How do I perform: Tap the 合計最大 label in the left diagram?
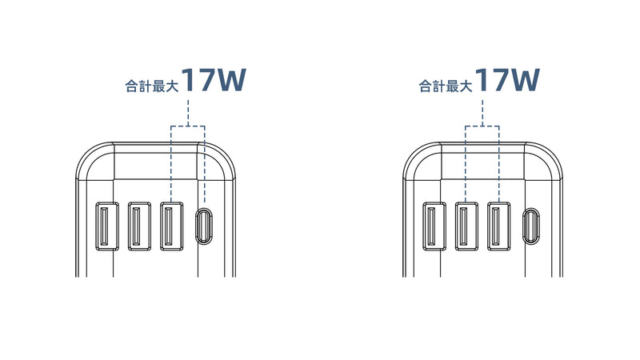[x=152, y=86]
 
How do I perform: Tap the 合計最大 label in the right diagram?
[x=446, y=86]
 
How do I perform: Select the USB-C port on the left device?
[x=204, y=226]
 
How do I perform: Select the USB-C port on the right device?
[x=531, y=226]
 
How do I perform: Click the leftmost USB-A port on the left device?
[x=107, y=226]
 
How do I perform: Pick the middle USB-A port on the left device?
[x=139, y=226]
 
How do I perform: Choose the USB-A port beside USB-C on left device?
[x=171, y=226]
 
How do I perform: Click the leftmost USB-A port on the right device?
[x=434, y=226]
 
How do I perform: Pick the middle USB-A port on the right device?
[x=466, y=226]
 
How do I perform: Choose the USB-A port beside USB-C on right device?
[x=498, y=226]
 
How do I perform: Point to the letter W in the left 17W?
[x=230, y=80]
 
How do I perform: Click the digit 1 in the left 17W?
[x=188, y=80]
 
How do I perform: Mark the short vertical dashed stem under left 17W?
[x=188, y=112]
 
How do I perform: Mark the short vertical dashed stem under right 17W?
[x=482, y=112]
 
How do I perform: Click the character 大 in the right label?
[x=466, y=86]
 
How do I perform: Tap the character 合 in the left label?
[x=132, y=86]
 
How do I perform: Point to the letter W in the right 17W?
[x=525, y=80]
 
